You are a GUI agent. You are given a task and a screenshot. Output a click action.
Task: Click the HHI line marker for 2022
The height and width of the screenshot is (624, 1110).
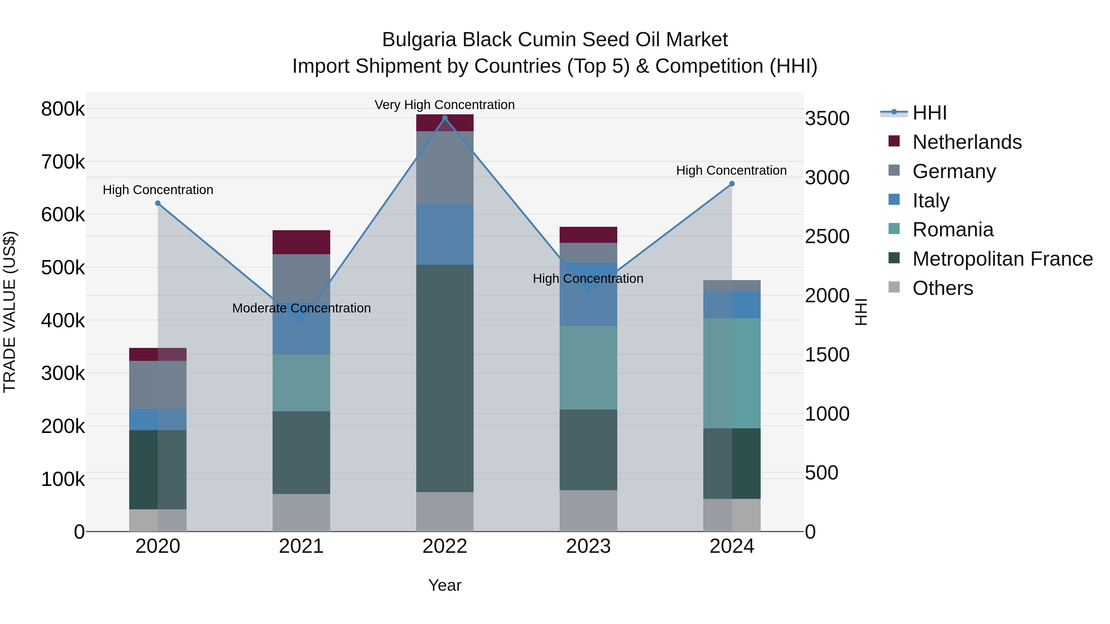point(445,118)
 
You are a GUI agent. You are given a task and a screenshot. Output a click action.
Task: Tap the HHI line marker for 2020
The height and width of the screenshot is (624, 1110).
point(158,203)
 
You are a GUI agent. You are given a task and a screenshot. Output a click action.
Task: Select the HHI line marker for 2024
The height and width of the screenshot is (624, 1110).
point(732,184)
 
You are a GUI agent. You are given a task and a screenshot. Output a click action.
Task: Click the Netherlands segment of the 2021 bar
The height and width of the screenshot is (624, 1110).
point(301,242)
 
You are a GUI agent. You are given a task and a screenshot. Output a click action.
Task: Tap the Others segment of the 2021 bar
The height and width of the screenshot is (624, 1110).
point(301,512)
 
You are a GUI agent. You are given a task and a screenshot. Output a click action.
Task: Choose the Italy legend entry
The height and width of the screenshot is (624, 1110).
point(931,200)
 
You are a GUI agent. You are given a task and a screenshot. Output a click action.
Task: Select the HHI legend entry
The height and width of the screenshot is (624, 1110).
point(929,113)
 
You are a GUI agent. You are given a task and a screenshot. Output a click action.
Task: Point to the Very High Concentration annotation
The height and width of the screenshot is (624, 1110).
point(445,105)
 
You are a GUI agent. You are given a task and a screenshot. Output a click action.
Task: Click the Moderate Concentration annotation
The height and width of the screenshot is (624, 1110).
point(301,308)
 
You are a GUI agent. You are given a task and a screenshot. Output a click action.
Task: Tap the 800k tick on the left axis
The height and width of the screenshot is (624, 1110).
point(63,109)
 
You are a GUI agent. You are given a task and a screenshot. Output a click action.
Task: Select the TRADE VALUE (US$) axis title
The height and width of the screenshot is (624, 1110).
point(10,312)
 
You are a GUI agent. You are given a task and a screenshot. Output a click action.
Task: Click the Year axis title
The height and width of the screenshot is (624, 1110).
point(445,585)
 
